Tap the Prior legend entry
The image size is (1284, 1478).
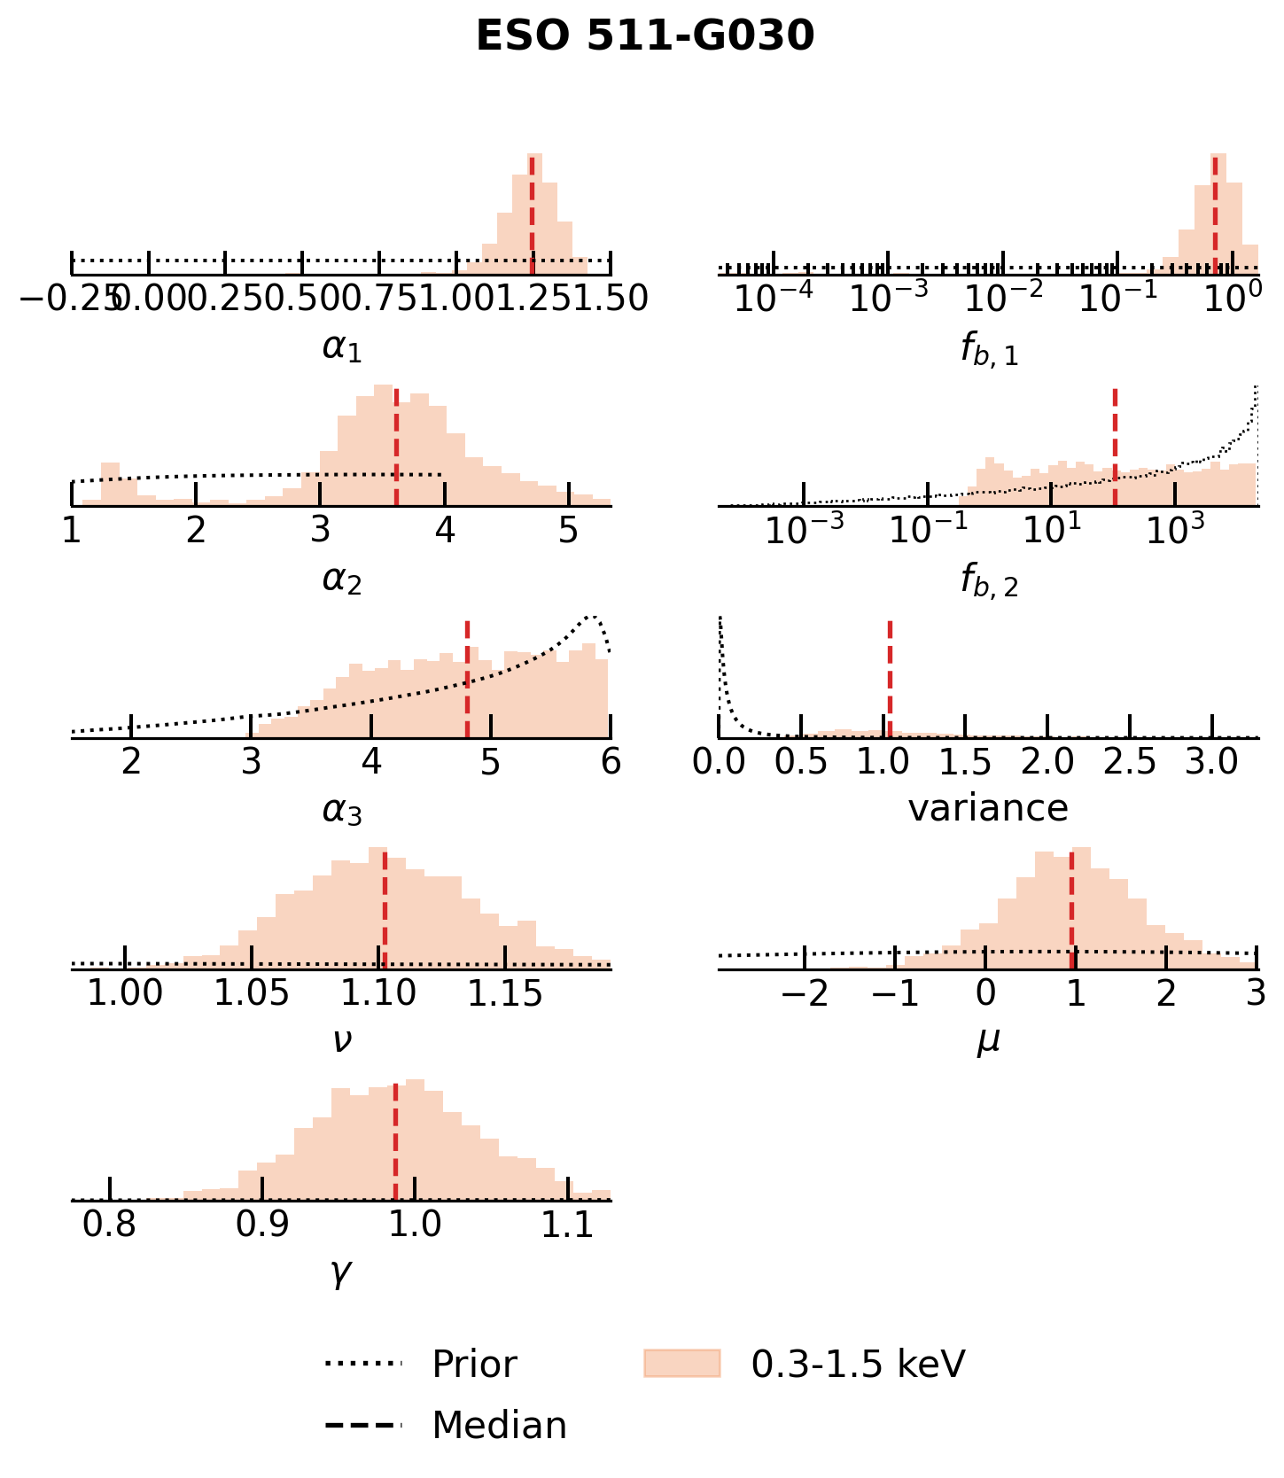point(473,1364)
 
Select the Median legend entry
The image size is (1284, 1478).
point(499,1425)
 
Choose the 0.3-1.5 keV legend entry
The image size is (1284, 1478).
point(857,1364)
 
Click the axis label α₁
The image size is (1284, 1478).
point(342,348)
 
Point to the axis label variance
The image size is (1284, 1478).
point(988,808)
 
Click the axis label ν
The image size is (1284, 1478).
point(342,1039)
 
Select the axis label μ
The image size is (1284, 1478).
point(988,1039)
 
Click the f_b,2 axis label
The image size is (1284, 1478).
point(989,580)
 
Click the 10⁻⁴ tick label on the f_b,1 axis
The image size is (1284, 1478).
point(774,299)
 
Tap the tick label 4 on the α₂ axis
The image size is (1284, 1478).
point(445,530)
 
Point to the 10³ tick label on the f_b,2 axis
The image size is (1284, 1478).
point(1176,530)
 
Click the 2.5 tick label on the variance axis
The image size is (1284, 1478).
point(1130,761)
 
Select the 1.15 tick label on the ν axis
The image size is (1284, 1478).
point(505,993)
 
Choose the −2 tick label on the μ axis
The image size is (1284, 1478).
point(805,993)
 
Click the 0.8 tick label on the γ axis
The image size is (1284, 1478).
point(110,1225)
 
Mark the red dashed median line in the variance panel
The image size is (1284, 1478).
point(889,678)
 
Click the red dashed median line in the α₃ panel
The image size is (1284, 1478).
point(467,678)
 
